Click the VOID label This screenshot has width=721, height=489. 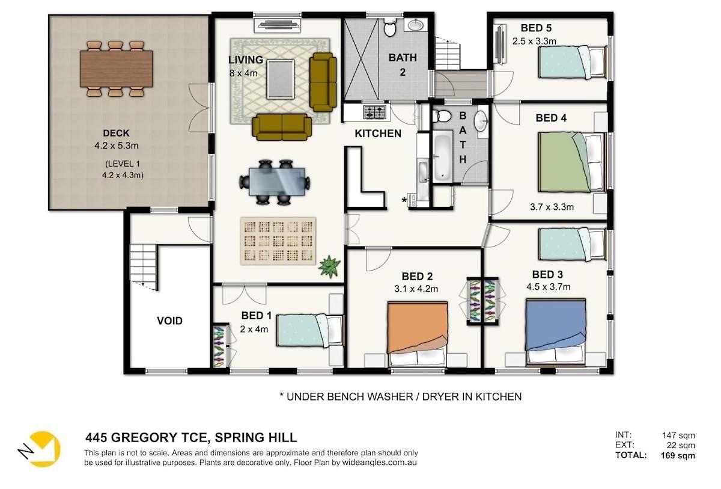click(x=169, y=321)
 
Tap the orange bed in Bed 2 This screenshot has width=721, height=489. click(x=418, y=334)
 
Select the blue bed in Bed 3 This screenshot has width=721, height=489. click(x=555, y=332)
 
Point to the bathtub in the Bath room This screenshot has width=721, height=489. click(x=442, y=157)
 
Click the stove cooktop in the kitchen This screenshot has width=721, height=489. click(x=375, y=112)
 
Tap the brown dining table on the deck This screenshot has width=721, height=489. click(x=116, y=69)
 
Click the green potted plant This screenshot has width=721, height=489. click(x=329, y=266)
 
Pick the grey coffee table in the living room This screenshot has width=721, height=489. click(x=281, y=79)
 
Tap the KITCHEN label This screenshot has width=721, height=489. click(x=378, y=134)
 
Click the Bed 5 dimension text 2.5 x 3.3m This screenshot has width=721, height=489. click(x=534, y=42)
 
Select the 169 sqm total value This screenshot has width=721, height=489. click(x=678, y=455)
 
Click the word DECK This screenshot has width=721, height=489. click(x=116, y=133)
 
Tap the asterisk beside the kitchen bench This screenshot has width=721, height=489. click(x=404, y=201)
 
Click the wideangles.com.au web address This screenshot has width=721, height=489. click(x=379, y=463)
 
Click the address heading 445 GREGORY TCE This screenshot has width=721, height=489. click(x=147, y=437)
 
